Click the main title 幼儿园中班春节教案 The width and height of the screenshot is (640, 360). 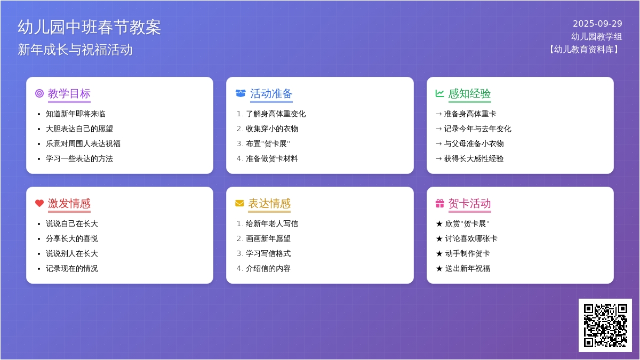pyautogui.click(x=89, y=27)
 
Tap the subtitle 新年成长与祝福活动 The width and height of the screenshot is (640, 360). pyautogui.click(x=75, y=50)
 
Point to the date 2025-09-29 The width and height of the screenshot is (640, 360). pyautogui.click(x=597, y=23)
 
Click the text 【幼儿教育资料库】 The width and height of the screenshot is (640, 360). pyautogui.click(x=584, y=49)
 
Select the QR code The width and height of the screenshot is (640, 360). pyautogui.click(x=605, y=325)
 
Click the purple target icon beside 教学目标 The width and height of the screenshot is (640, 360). pyautogui.click(x=39, y=93)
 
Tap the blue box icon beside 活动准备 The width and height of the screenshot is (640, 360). pyautogui.click(x=241, y=93)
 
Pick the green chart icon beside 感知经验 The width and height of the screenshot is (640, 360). pyautogui.click(x=439, y=93)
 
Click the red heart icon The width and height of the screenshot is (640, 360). pyautogui.click(x=39, y=203)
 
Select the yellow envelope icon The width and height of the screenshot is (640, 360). pyautogui.click(x=239, y=203)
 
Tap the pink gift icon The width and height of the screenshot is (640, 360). pyautogui.click(x=439, y=203)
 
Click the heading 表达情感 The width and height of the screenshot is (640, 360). pyautogui.click(x=269, y=203)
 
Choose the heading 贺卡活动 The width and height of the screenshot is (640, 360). pyautogui.click(x=469, y=203)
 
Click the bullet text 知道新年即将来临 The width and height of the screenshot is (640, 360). pyautogui.click(x=76, y=114)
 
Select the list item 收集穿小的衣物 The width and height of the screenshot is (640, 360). pyautogui.click(x=271, y=129)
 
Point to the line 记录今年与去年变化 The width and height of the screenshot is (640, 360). pyautogui.click(x=477, y=129)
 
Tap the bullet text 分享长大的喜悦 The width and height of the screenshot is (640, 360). pyautogui.click(x=72, y=238)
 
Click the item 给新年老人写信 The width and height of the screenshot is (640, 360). pyautogui.click(x=271, y=223)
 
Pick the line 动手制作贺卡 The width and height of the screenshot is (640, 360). pyautogui.click(x=467, y=253)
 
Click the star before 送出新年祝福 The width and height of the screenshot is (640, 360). pyautogui.click(x=439, y=268)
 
